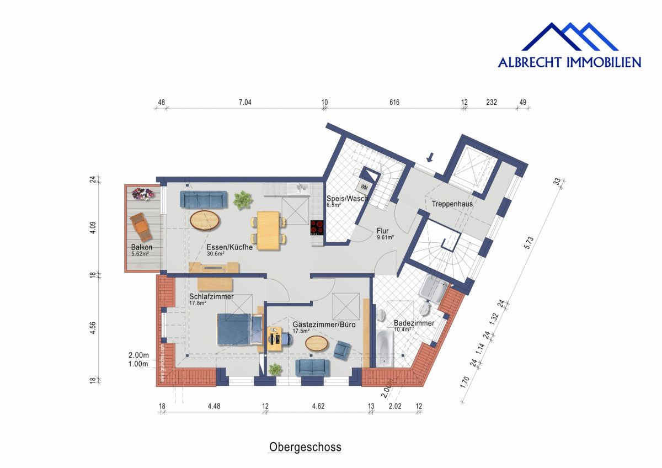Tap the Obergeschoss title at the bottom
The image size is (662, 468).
305,446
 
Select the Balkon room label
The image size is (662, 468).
142,247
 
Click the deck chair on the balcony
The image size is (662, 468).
140,226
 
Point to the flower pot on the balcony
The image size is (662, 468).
143,194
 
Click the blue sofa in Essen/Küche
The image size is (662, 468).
205,199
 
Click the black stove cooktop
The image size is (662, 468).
317,227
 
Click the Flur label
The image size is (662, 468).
383,231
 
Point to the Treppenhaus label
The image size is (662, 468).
452,204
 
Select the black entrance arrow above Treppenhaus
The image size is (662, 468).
430,157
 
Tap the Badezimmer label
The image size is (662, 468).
414,323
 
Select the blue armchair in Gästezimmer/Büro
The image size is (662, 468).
342,349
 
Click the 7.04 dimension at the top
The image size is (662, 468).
244,102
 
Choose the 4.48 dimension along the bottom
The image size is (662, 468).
214,407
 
